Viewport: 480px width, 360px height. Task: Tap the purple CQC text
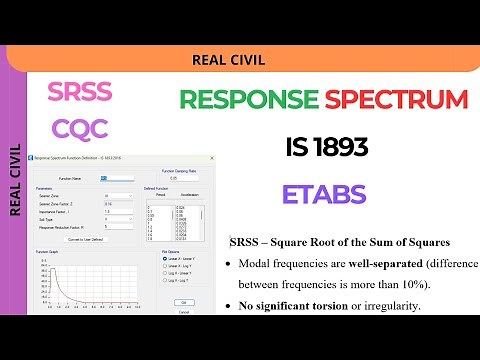coord(79,131)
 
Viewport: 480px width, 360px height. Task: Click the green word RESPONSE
coord(246,100)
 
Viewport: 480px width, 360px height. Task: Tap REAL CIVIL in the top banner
coord(228,59)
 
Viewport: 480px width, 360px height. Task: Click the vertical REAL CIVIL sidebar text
coord(15,180)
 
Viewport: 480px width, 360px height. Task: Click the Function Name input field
coord(109,178)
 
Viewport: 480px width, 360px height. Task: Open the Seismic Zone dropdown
coord(119,196)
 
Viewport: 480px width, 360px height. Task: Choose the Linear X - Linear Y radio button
coord(165,258)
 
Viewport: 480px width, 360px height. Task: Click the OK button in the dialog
coord(184,301)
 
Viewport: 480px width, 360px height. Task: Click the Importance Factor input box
coord(119,211)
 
